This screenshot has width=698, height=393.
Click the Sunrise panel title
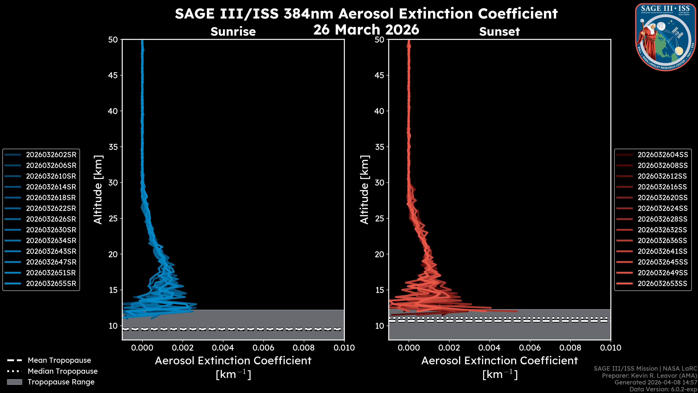(233, 31)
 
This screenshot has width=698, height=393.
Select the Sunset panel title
(499, 31)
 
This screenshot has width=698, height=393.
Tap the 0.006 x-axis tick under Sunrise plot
(263, 348)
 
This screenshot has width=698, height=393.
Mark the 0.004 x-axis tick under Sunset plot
(490, 348)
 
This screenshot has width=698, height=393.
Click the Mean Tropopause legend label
(59, 360)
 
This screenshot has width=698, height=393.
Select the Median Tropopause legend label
(63, 371)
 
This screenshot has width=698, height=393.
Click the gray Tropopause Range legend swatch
(14, 382)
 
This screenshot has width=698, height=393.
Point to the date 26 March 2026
(366, 29)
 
